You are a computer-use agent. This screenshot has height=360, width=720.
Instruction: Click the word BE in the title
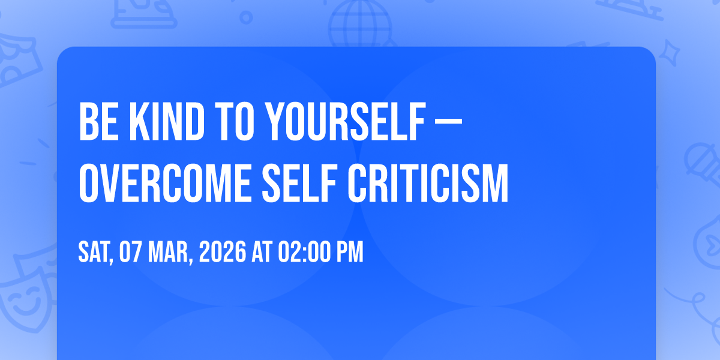pos(98,121)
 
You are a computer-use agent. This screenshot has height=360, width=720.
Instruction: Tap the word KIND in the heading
pos(167,121)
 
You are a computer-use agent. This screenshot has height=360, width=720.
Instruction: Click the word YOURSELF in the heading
pos(346,121)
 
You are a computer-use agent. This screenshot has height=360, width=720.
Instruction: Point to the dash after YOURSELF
pos(448,122)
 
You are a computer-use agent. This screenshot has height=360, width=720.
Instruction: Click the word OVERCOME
pos(165,183)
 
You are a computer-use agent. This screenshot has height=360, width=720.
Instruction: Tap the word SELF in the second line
pos(299,183)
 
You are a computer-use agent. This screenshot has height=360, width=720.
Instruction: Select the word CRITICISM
pos(428,183)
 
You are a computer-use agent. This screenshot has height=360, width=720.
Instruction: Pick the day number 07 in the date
pos(130,251)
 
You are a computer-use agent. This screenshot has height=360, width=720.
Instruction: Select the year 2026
pos(223,251)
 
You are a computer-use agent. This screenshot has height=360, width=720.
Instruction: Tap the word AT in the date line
pos(262,251)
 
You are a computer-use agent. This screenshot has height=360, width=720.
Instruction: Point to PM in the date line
pos(350,251)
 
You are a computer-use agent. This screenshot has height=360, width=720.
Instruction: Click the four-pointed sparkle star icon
pos(670,53)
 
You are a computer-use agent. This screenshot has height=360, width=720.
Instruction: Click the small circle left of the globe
pos(246,17)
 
